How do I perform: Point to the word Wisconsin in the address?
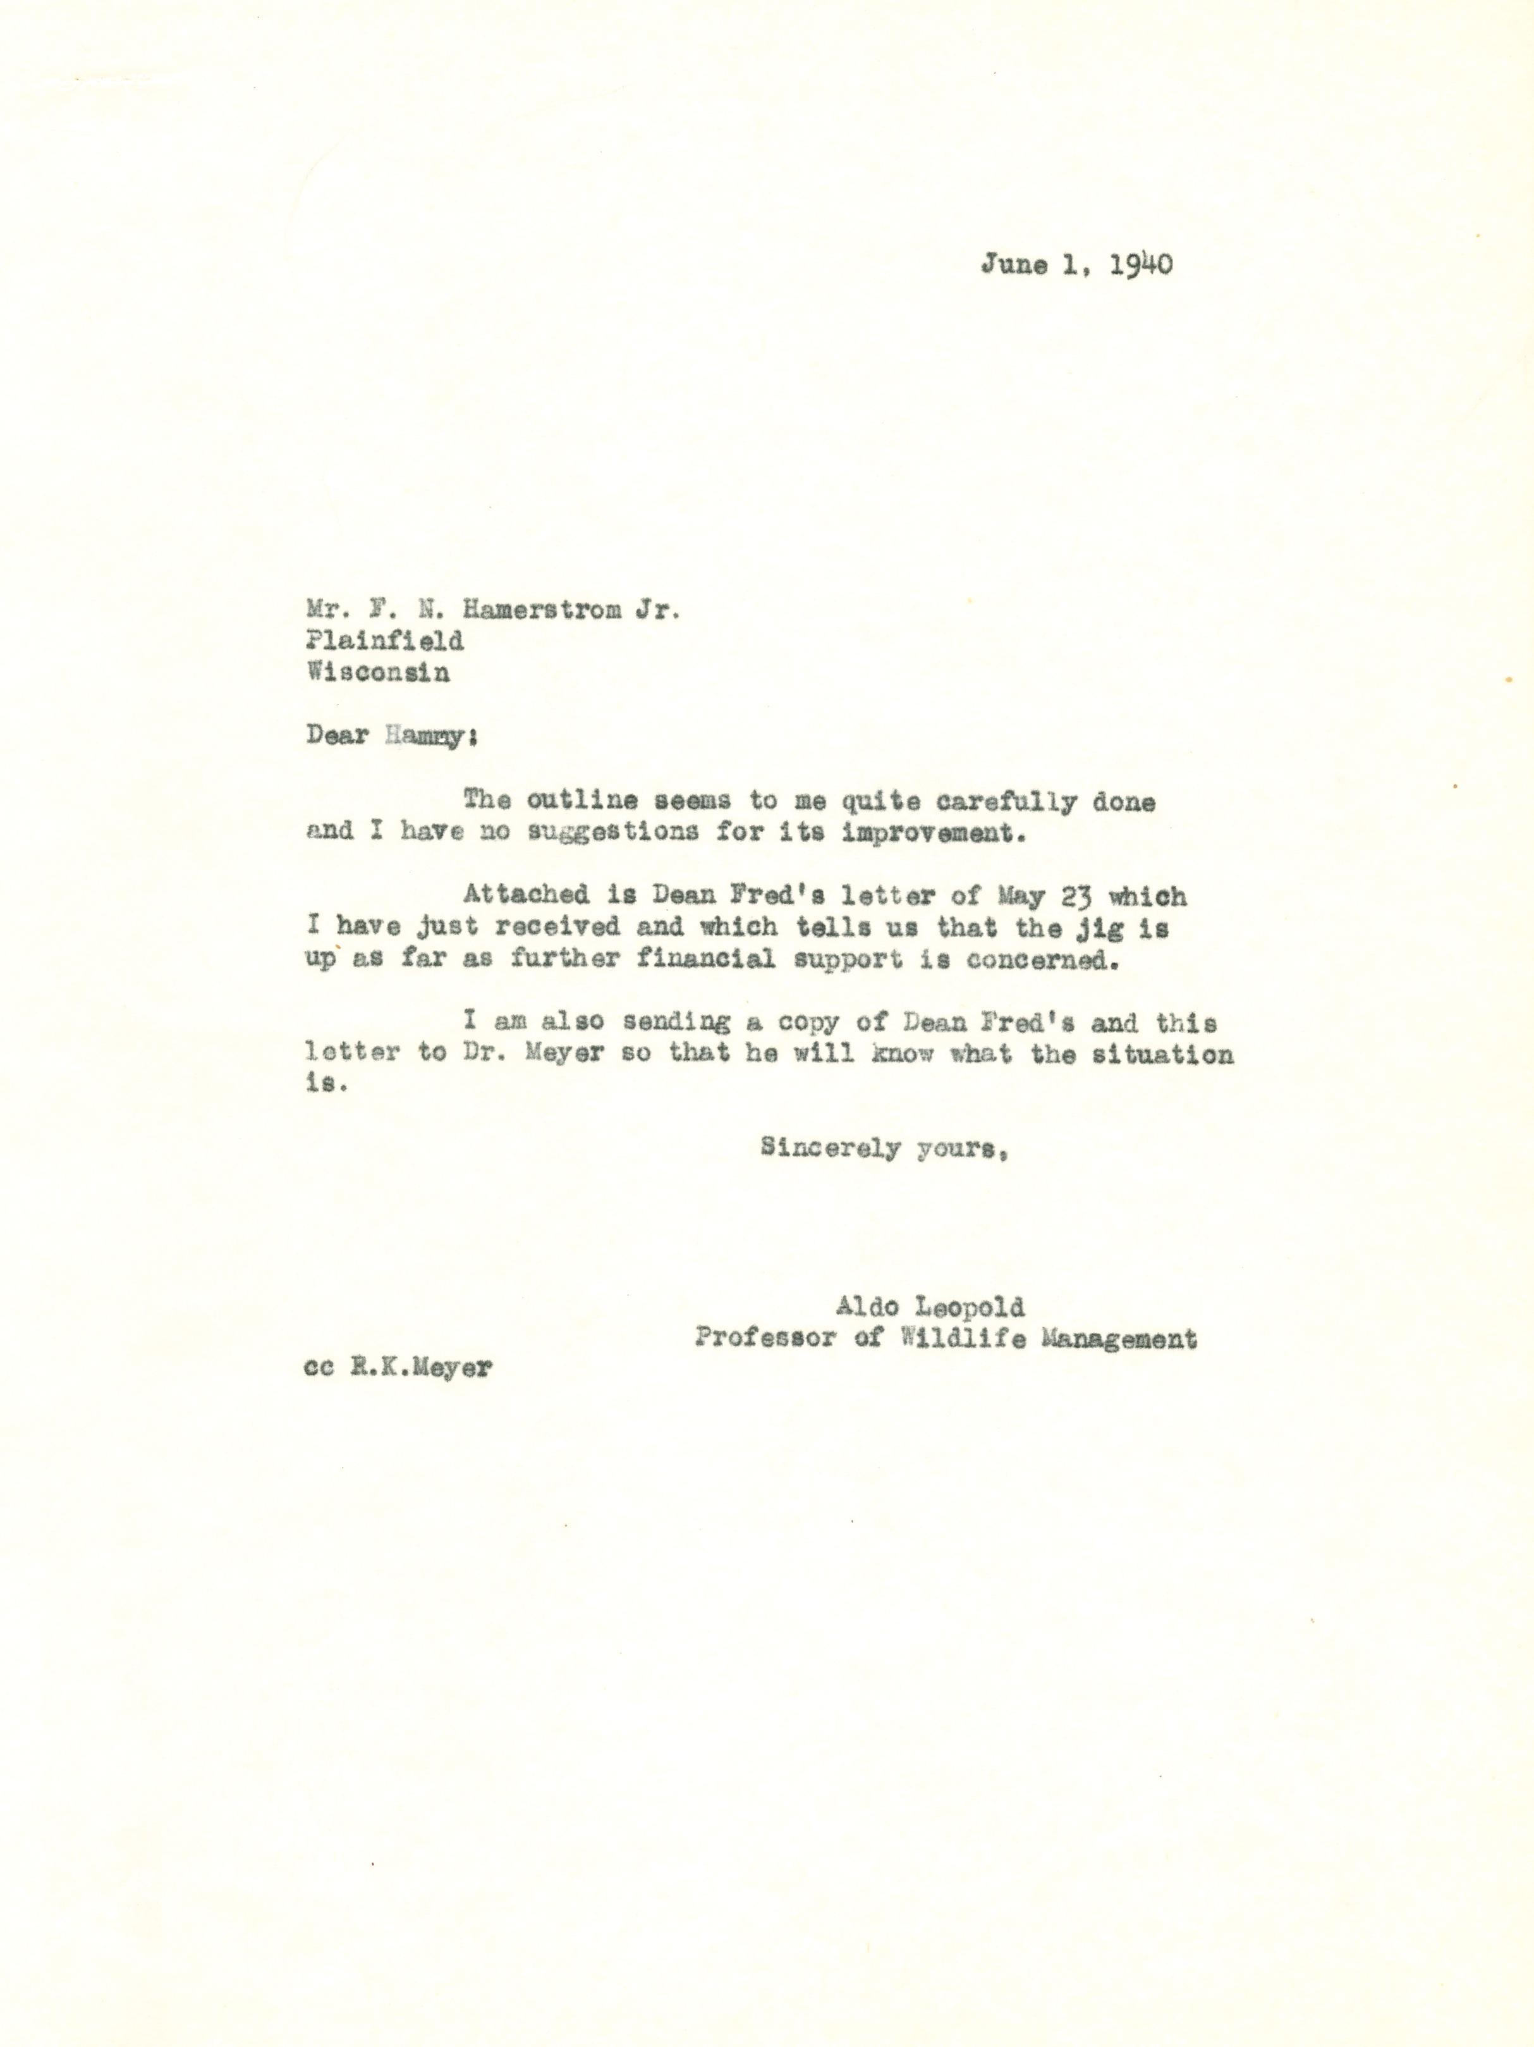pos(379,673)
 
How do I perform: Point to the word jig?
pos(1093,926)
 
